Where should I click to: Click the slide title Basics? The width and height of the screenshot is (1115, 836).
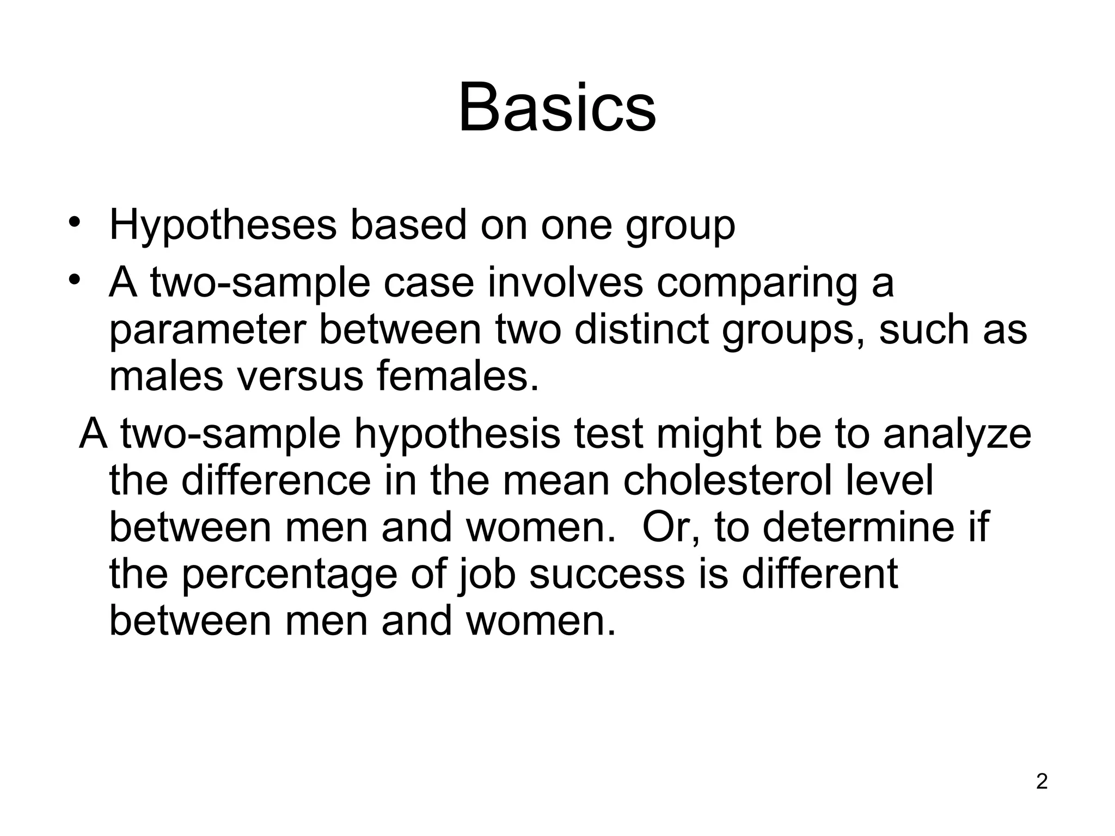point(557,108)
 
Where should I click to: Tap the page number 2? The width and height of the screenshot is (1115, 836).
point(1042,782)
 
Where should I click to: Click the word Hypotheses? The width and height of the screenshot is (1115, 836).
point(222,225)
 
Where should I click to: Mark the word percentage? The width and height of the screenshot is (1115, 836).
point(289,576)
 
